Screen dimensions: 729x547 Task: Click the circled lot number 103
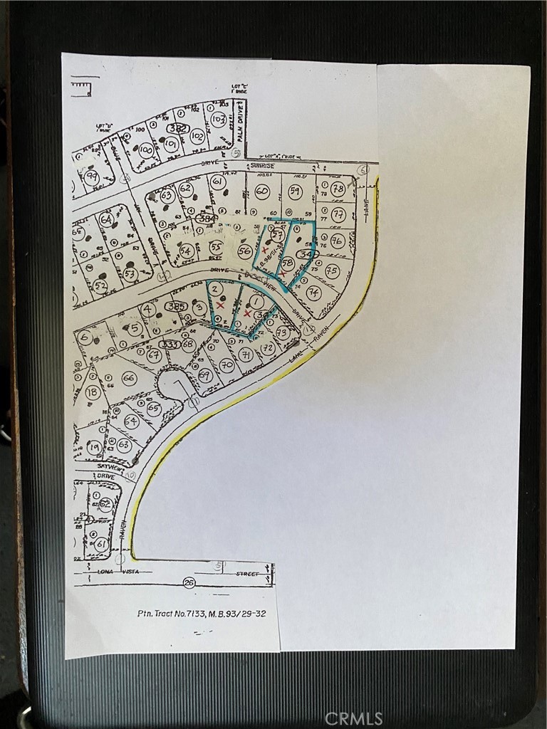[219, 120]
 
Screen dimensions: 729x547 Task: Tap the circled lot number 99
[91, 177]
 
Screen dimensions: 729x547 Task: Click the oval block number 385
[174, 306]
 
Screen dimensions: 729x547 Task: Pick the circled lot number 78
[338, 189]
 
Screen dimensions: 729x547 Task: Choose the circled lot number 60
[261, 191]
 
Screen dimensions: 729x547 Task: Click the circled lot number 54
[187, 251]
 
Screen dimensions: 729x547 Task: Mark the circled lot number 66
[129, 378]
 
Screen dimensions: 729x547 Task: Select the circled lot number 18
[93, 392]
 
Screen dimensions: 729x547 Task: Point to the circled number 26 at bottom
[189, 582]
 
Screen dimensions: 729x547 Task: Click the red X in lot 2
[220, 305]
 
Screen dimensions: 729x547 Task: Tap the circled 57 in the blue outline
[278, 235]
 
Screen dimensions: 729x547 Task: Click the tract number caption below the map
[202, 613]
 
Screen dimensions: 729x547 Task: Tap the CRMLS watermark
[353, 718]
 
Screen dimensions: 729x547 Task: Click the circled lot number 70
[227, 365]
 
